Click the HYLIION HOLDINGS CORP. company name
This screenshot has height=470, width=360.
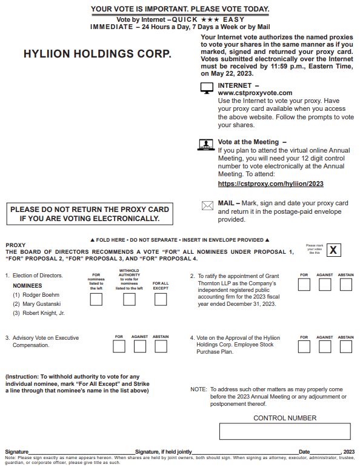(97, 54)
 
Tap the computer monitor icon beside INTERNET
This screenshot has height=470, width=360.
(207, 88)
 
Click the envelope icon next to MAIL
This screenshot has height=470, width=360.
(207, 205)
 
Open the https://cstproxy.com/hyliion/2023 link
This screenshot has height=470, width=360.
(270, 183)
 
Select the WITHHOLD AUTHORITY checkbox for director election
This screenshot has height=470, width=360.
(129, 299)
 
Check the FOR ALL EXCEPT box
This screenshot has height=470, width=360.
(161, 299)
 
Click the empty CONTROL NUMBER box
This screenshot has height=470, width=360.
(284, 431)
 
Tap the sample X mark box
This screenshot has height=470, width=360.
(334, 250)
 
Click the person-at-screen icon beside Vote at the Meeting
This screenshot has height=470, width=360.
(207, 145)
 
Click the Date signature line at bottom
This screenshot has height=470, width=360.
(326, 452)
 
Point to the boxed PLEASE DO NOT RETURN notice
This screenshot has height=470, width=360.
(90, 214)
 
